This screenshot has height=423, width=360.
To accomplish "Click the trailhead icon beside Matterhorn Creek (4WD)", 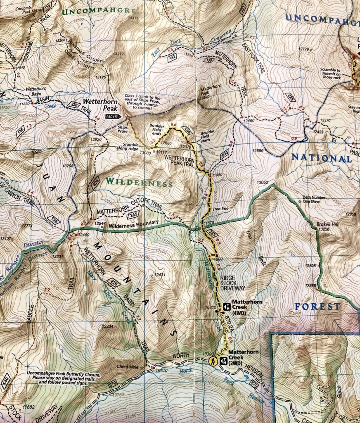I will (226, 306).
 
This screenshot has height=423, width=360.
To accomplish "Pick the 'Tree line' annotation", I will (220, 209).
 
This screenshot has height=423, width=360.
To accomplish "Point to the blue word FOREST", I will (317, 307).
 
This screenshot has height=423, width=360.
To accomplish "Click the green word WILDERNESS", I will (138, 183).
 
